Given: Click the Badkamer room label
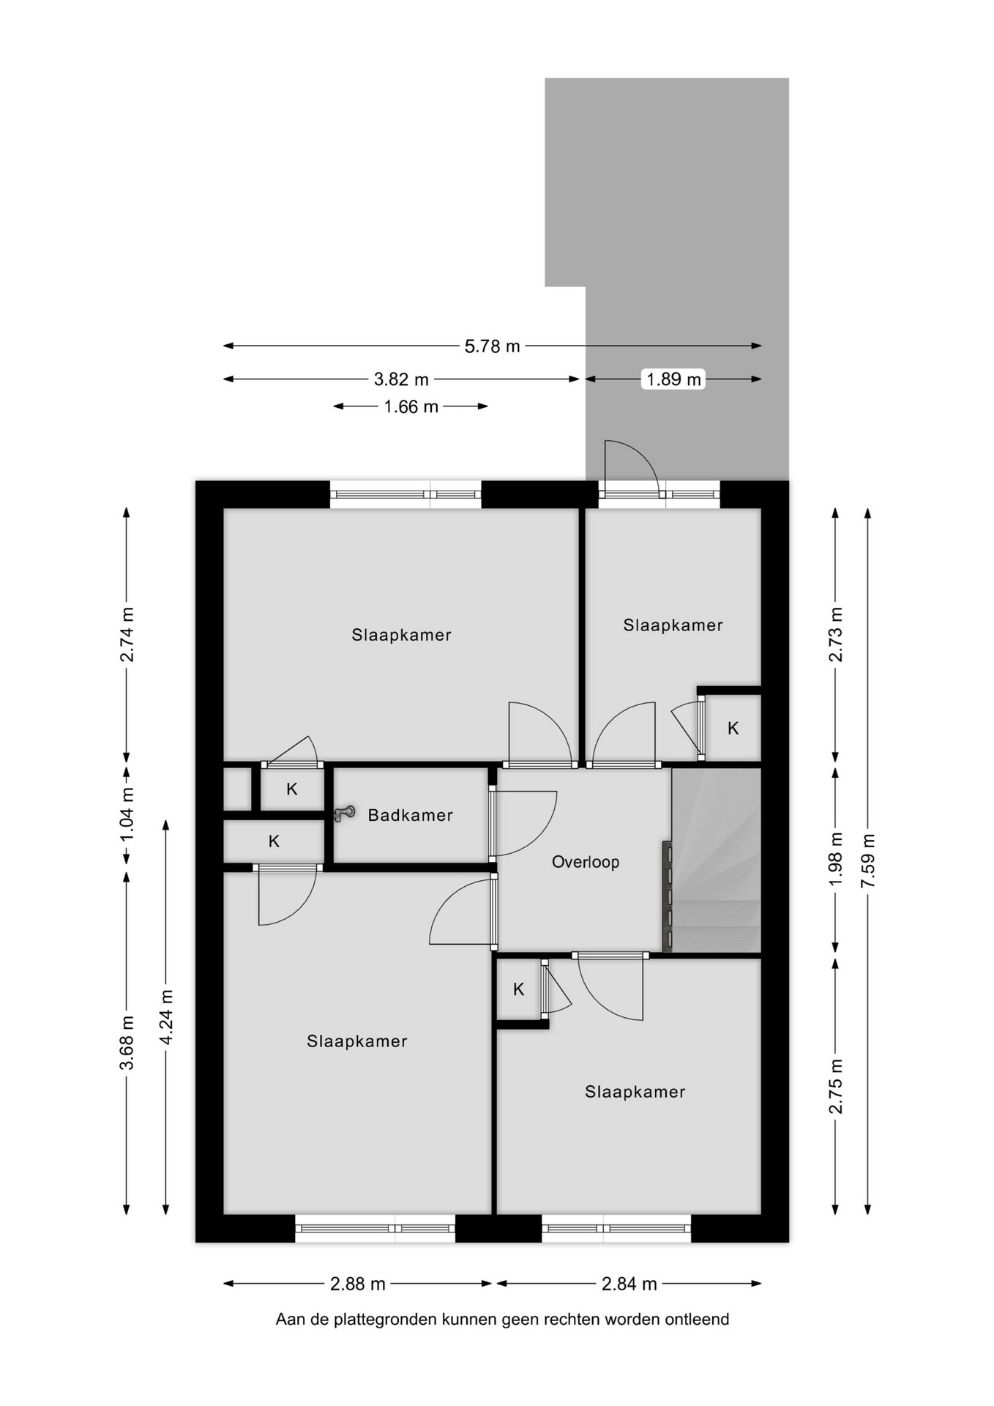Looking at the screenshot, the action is click(x=410, y=815).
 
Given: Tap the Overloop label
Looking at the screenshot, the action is click(x=586, y=862).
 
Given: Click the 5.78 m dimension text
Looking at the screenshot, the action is click(x=492, y=346).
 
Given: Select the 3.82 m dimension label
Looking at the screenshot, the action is click(x=401, y=379).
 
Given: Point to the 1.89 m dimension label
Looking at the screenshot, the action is click(x=673, y=379).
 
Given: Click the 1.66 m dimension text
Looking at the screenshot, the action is click(x=411, y=406).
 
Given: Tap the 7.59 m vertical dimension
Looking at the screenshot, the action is click(x=868, y=861).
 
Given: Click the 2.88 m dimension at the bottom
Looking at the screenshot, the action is click(x=358, y=1284).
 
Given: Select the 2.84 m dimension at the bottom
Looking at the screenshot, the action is click(x=629, y=1284).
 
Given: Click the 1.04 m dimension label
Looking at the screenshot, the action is click(x=127, y=814).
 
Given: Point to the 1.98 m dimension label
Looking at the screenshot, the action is click(x=836, y=859).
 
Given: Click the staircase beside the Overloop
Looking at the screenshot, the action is click(x=716, y=860).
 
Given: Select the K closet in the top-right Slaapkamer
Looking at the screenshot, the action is click(x=733, y=728).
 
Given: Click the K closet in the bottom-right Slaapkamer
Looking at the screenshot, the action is click(x=519, y=989).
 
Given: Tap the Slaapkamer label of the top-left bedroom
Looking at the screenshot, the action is click(x=401, y=635).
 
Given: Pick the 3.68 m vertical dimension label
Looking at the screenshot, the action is click(x=127, y=1042).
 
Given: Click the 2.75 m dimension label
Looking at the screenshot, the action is click(x=836, y=1086).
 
